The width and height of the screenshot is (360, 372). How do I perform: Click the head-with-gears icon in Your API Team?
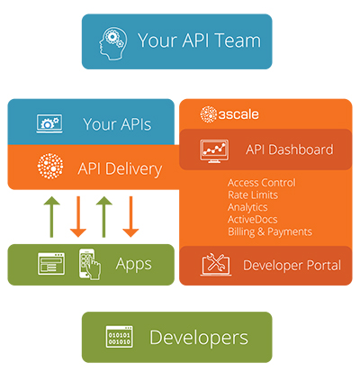112,43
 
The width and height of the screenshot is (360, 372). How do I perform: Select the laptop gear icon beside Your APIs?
49,123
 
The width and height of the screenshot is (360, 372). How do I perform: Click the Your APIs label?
117,124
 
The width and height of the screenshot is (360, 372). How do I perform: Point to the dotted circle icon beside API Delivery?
50,166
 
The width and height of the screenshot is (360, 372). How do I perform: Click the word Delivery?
134,169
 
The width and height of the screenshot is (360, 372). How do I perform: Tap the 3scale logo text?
238,114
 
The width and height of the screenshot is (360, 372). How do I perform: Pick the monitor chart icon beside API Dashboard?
214,151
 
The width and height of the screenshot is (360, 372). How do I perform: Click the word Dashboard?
301,150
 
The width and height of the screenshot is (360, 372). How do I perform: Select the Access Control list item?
262,183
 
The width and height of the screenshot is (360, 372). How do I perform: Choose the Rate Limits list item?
253,195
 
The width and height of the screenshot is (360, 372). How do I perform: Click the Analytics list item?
247,207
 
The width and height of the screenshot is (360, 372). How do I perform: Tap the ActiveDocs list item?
253,220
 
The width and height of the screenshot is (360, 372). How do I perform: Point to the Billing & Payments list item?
270,231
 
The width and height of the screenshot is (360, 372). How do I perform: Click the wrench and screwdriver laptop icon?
216,264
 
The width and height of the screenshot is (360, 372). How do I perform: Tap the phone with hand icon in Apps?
90,264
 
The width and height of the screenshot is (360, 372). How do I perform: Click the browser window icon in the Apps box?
51,264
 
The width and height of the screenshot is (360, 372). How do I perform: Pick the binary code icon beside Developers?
120,337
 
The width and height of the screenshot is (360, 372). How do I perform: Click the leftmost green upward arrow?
51,217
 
